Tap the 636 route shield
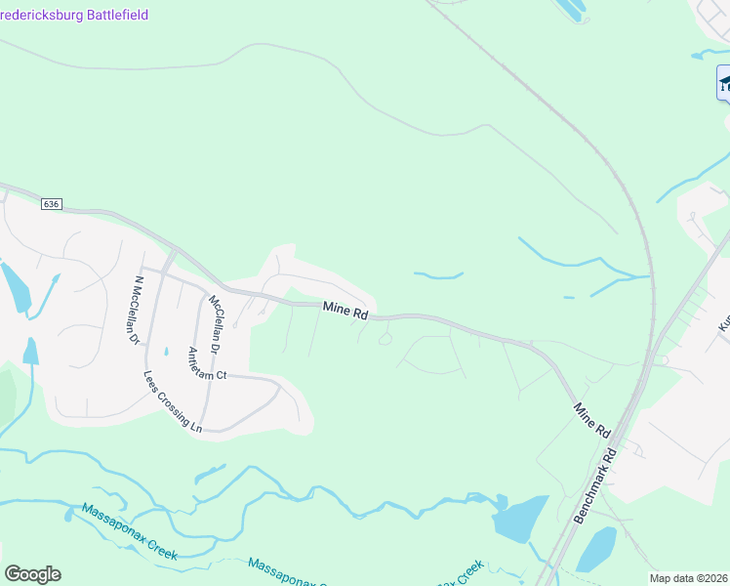(x=52, y=204)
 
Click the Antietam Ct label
(x=207, y=362)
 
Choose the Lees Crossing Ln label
(x=172, y=401)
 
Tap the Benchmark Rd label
(x=596, y=484)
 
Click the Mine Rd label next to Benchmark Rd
(x=592, y=419)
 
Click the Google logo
(x=32, y=574)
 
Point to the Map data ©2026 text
(x=688, y=578)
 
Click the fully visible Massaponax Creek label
(x=129, y=530)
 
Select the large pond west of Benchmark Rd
(x=520, y=517)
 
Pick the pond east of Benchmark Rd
(x=596, y=550)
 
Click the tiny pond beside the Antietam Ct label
(x=167, y=352)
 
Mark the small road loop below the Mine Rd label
(x=385, y=339)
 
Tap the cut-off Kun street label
(x=724, y=321)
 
